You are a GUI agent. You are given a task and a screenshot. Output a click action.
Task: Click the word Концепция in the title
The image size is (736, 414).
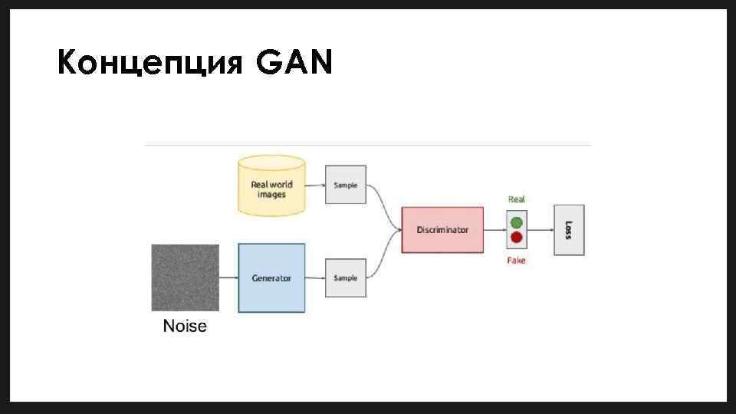(150, 64)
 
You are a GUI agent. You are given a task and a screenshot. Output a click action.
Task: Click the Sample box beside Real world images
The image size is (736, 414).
(346, 185)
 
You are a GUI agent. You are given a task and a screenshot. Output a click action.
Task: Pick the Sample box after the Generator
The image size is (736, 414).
(346, 277)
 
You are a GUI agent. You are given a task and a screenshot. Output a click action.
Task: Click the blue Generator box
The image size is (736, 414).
(271, 278)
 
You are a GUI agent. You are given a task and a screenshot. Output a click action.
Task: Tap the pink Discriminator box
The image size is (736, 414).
(442, 230)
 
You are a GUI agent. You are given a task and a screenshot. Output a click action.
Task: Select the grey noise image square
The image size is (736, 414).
(185, 277)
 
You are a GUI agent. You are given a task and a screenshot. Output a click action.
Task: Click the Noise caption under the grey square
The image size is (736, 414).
(185, 327)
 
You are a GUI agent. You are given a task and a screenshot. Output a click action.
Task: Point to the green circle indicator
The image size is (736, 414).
(517, 222)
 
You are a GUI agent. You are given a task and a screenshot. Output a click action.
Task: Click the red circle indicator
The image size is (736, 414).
(517, 238)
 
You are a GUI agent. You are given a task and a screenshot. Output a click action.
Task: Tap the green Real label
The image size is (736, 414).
(517, 199)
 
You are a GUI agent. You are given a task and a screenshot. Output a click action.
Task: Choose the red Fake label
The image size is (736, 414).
(517, 261)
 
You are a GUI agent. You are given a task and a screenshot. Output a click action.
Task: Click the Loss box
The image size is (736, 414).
(569, 230)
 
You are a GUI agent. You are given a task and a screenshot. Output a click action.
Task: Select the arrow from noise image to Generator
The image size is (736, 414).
(228, 278)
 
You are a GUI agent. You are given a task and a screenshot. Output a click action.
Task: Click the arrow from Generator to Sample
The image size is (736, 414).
(315, 278)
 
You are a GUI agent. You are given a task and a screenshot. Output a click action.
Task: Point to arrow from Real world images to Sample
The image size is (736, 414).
(315, 185)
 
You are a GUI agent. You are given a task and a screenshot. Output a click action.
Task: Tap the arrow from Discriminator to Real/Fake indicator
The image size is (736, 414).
(495, 230)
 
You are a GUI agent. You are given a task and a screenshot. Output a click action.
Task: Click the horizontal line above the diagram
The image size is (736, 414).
(368, 145)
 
